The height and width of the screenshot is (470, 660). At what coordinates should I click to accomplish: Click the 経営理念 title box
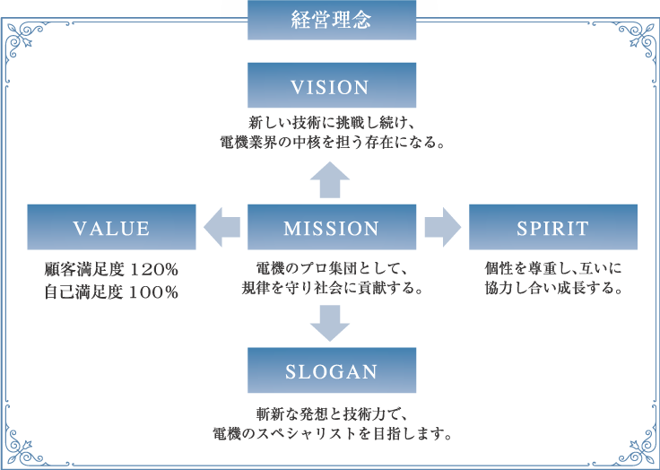332,20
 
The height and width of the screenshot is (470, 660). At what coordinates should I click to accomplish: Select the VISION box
332,85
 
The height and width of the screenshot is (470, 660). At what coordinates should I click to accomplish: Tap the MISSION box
332,227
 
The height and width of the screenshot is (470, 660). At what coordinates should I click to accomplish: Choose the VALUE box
111,227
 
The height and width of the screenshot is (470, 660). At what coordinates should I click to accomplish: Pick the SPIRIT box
553,227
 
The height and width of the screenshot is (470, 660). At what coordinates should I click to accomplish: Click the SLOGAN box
332,370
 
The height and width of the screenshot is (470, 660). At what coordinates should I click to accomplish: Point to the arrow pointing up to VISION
330,179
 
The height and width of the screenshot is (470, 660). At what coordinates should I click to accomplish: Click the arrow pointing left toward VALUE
221,227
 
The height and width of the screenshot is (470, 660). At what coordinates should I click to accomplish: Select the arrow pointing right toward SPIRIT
443,227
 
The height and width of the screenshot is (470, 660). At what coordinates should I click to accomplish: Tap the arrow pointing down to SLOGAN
330,323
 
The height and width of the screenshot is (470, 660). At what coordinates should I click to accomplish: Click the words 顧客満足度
83,270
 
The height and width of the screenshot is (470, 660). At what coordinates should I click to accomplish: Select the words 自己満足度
83,292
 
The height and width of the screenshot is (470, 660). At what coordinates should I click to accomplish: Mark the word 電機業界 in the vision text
251,143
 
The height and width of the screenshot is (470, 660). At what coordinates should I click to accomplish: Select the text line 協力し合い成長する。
553,289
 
